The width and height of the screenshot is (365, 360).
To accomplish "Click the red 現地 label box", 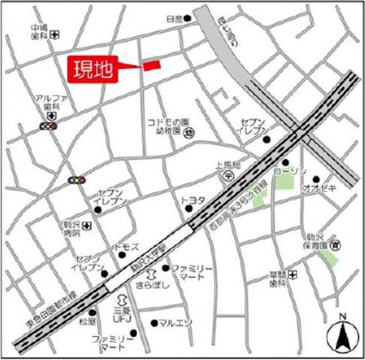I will tap(94, 70).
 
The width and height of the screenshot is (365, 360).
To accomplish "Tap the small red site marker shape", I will tap(151, 65).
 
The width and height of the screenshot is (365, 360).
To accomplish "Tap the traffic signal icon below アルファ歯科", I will tap(48, 127).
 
